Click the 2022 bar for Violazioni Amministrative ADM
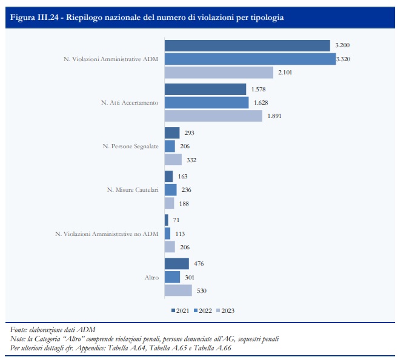tap(250, 59)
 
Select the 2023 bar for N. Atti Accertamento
tap(213, 116)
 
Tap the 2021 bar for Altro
tap(176, 264)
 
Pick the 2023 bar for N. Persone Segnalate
tap(173, 160)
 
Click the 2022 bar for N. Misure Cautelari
tap(170, 189)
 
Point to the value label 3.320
tap(345, 59)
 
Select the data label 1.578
tap(257, 90)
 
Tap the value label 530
tap(202, 290)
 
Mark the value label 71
tap(176, 220)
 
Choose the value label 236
tap(185, 189)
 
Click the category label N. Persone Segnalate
tap(130, 146)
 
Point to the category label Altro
tap(151, 277)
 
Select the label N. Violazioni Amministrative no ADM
tap(107, 233)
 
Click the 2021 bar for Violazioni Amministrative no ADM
tap(167, 220)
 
